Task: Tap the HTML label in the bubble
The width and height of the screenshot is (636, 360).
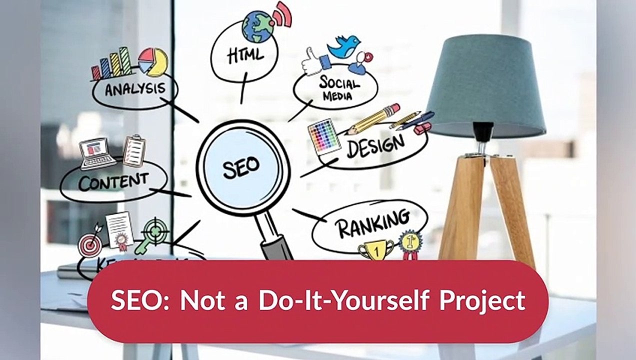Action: click(244, 55)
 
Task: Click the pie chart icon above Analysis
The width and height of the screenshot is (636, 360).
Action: click(153, 61)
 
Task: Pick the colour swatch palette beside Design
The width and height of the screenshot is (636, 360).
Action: click(323, 135)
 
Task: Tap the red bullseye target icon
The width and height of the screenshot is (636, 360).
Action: click(90, 244)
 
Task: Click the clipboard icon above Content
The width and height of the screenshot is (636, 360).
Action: click(133, 150)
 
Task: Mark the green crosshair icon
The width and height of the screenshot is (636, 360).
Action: click(156, 231)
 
